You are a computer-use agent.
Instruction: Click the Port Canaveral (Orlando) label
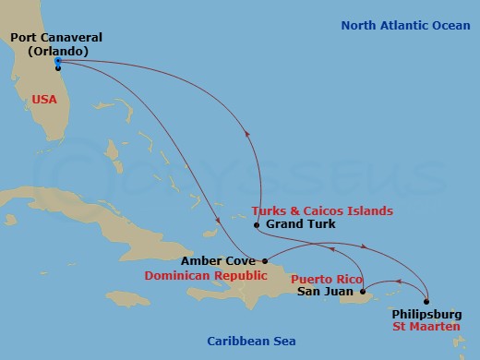pos(56,44)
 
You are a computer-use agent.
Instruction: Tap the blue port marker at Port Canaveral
pos(58,62)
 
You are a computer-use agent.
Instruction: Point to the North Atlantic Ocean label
pos(405,25)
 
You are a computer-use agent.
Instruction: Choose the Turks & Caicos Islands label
pos(316,210)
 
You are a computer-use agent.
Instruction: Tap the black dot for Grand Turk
pos(257,224)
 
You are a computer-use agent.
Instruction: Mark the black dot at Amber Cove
pos(265,261)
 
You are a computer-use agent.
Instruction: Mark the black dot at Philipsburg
pos(427,301)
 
